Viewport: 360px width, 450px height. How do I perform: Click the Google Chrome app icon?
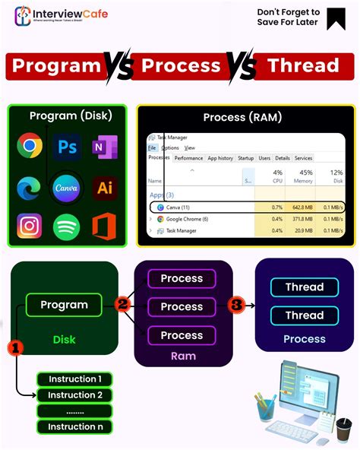coord(30,145)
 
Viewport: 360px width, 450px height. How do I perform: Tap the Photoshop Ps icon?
coord(67,146)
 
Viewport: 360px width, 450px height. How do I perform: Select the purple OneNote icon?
coord(103,146)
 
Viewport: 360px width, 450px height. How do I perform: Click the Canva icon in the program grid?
coord(67,186)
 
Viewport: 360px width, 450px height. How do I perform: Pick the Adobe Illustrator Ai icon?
coord(104,187)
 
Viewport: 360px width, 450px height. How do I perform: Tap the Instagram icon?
coord(30,226)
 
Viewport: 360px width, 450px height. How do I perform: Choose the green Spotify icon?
coord(67,227)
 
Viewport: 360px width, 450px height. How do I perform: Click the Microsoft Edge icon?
coord(30,186)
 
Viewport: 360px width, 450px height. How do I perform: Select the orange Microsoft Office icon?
coord(104,227)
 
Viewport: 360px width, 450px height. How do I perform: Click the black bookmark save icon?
coord(336,18)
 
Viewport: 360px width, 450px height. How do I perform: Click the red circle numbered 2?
coord(122,305)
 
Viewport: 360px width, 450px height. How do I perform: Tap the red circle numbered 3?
coord(236,305)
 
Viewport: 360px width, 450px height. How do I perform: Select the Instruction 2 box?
coord(75,395)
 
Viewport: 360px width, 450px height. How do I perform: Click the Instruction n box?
coord(75,426)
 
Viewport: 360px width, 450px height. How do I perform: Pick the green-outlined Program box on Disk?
coord(64,305)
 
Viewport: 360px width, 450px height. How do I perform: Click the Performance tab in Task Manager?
coord(188,158)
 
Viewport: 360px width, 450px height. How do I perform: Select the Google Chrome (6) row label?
coord(188,219)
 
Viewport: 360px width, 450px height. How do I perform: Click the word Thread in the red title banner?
coord(302,66)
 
